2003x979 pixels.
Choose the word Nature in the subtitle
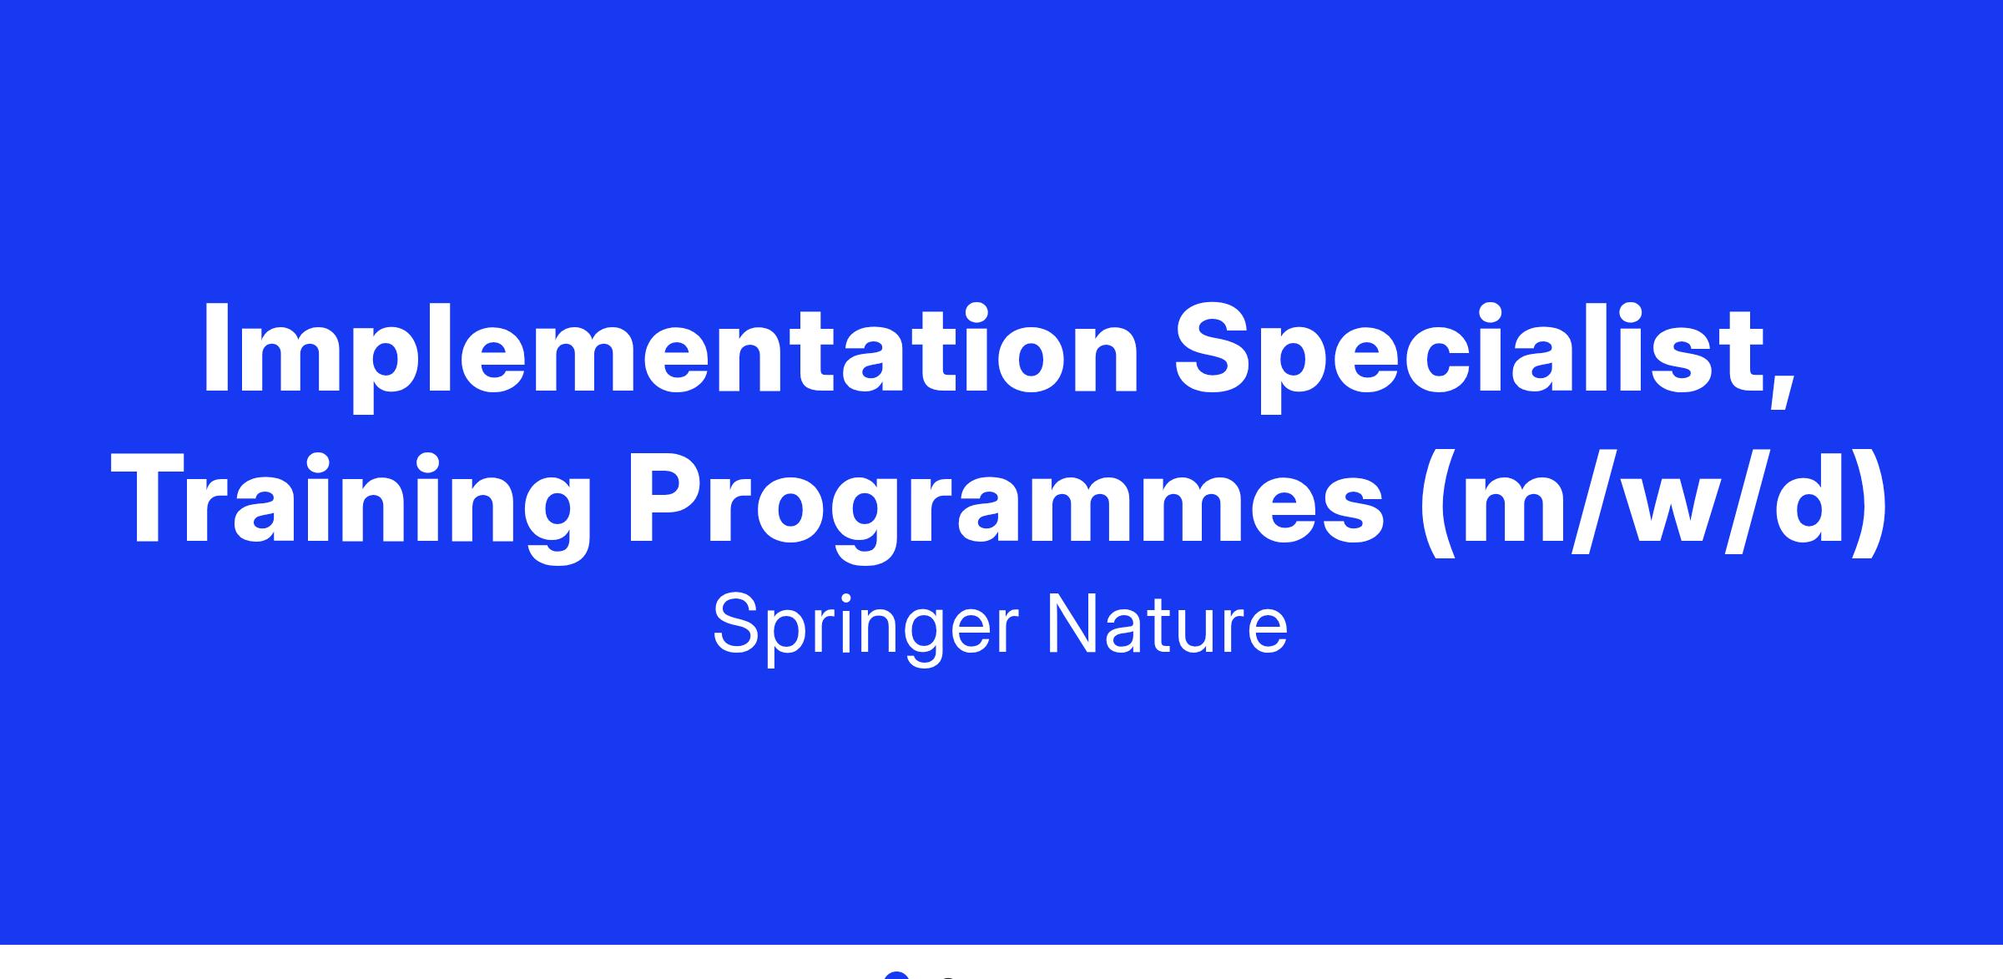tap(1168, 625)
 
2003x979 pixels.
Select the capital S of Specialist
tap(1213, 349)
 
